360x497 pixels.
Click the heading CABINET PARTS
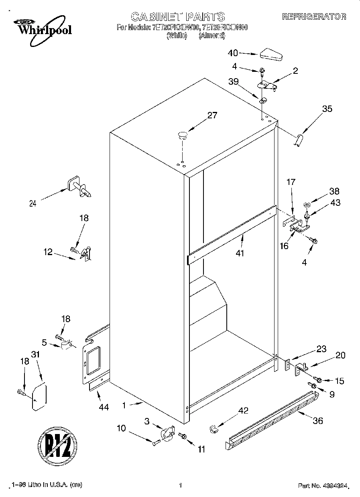(178, 16)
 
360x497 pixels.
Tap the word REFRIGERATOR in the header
(314, 17)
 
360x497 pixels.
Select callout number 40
(233, 53)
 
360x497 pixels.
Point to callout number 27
(212, 116)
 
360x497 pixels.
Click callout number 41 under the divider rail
(240, 253)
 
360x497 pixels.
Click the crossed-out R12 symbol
(57, 445)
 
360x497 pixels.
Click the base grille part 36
(273, 419)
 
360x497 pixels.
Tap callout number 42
(243, 410)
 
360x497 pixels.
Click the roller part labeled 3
(167, 434)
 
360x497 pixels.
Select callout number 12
(48, 252)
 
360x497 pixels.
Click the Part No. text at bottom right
(322, 486)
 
